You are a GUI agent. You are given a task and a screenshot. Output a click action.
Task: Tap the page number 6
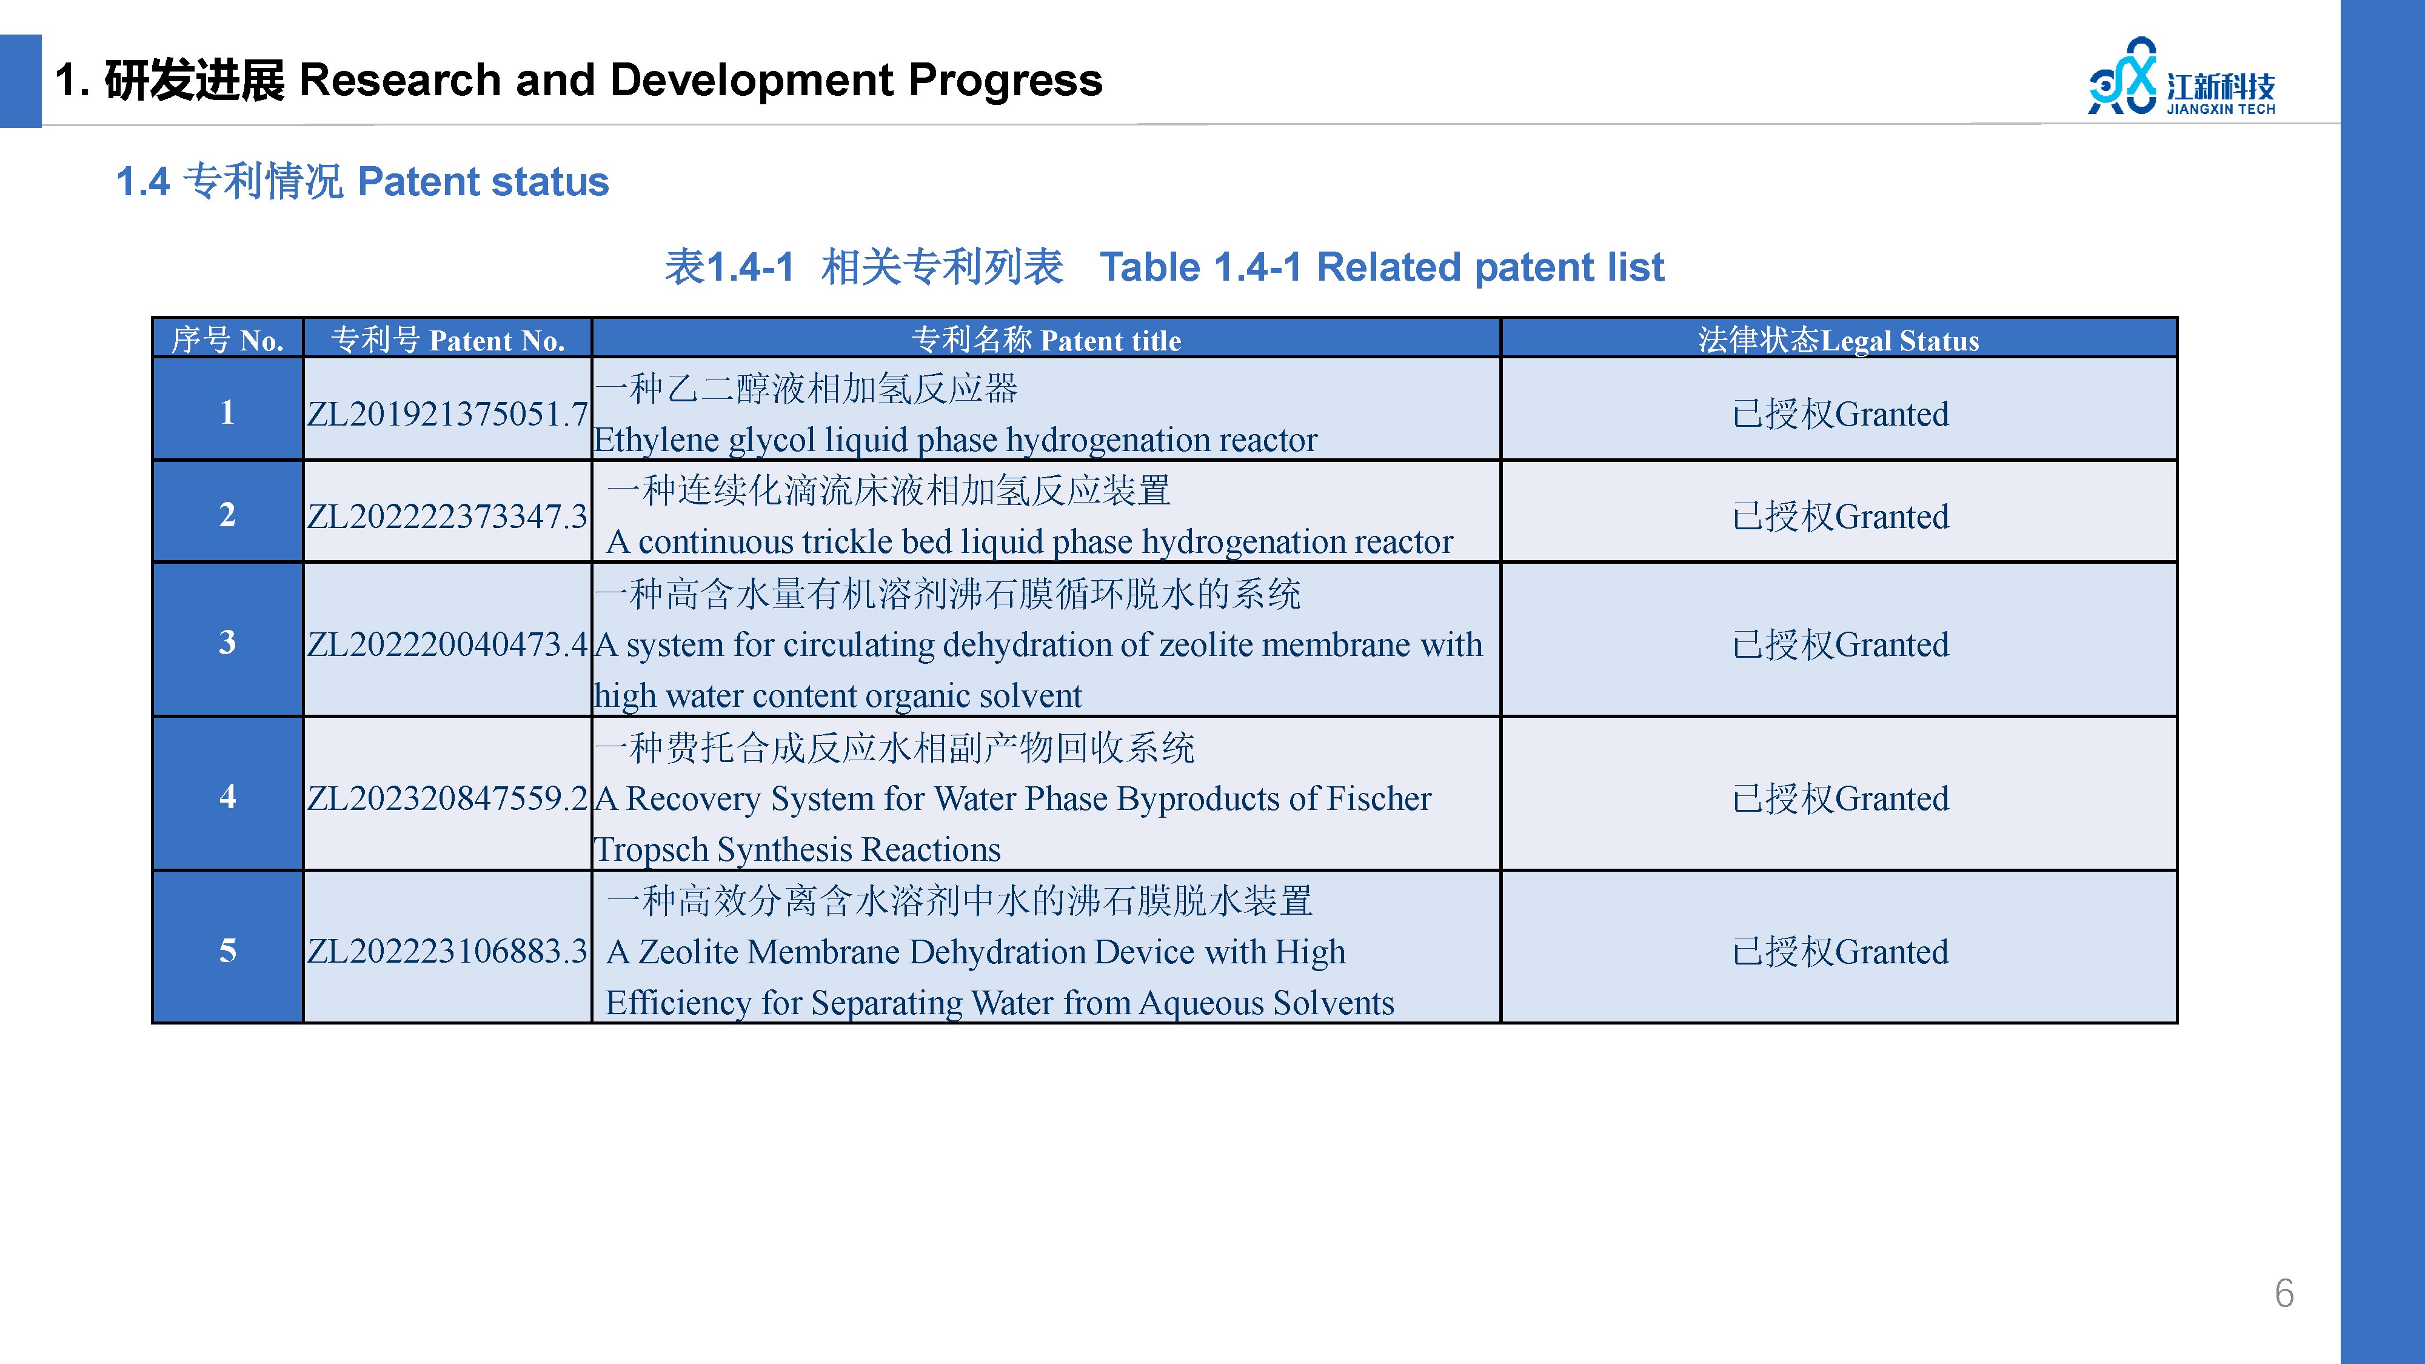(x=2285, y=1294)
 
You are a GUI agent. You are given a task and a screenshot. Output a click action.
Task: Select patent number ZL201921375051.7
(x=447, y=414)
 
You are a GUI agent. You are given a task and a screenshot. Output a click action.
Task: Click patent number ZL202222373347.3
(x=447, y=517)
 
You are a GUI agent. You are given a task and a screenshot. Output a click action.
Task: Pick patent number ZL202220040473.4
(x=447, y=645)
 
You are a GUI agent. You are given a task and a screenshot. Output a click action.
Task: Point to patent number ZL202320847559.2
(x=447, y=798)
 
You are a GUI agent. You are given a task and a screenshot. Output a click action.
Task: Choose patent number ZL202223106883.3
(x=447, y=952)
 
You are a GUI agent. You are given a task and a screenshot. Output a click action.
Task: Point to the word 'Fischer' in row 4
(x=1379, y=798)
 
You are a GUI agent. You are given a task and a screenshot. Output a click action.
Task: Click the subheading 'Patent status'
(x=484, y=182)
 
